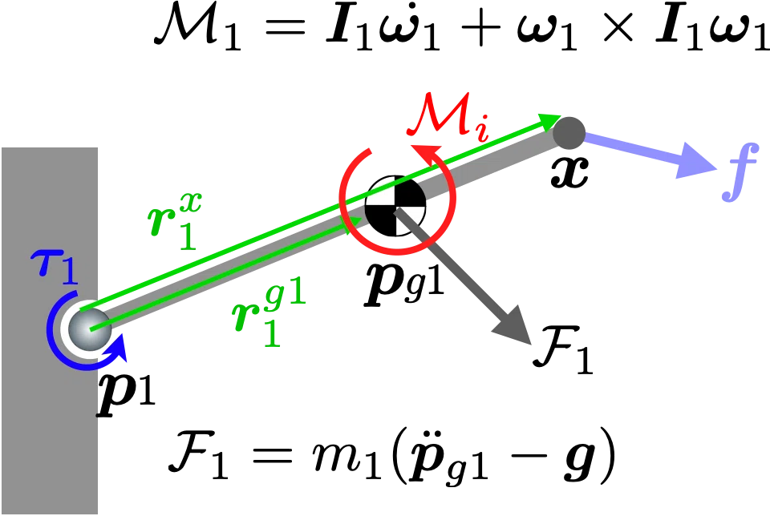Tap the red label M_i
click(448, 118)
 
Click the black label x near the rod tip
click(569, 172)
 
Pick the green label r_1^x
click(175, 221)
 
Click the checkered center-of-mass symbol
click(395, 207)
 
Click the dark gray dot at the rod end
click(569, 133)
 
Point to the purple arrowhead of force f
click(695, 161)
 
